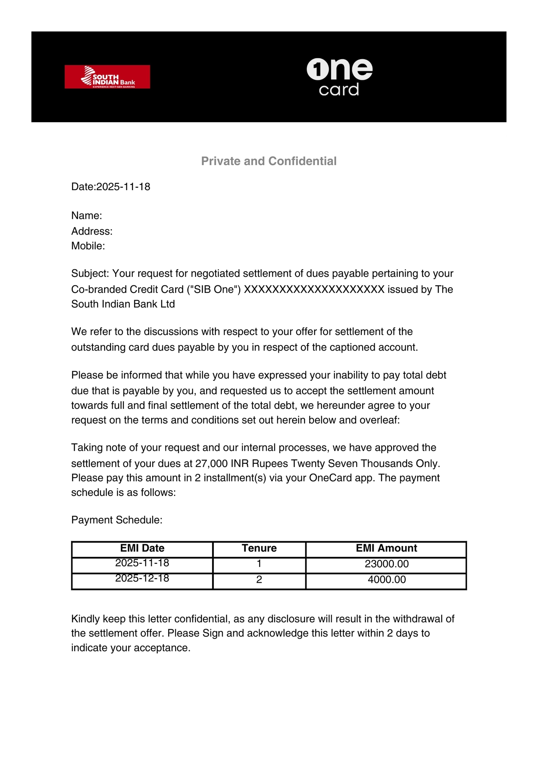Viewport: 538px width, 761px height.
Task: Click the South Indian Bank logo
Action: [x=107, y=77]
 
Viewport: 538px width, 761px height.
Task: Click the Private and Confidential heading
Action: [x=269, y=161]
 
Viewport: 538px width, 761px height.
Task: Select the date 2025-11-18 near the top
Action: [x=123, y=187]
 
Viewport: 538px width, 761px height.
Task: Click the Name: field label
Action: [x=87, y=215]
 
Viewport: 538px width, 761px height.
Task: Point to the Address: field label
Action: [x=92, y=231]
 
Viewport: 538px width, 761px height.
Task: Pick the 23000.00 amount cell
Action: [x=387, y=564]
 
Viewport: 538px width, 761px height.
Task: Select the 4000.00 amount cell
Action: [x=387, y=579]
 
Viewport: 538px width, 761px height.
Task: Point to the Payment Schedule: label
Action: [x=117, y=520]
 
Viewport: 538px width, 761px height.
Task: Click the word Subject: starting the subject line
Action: [x=90, y=273]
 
